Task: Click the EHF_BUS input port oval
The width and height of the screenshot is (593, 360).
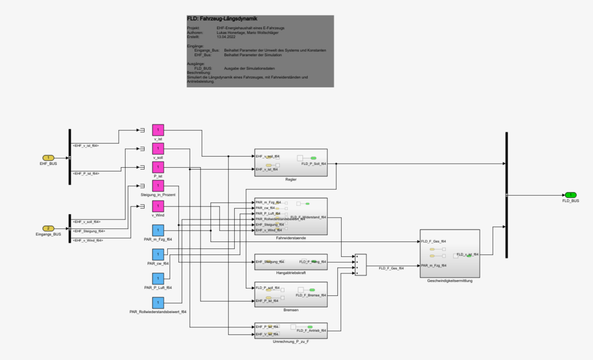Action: tap(48, 157)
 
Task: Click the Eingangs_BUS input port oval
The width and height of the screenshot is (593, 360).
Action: tap(48, 228)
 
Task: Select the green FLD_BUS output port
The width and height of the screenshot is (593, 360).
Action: tap(570, 195)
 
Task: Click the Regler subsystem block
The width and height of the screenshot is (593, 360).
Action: tap(291, 162)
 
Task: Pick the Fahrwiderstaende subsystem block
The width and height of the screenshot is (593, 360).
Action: tap(291, 216)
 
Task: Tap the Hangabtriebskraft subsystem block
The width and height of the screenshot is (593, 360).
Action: tap(291, 262)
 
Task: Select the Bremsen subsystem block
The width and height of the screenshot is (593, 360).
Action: tap(291, 294)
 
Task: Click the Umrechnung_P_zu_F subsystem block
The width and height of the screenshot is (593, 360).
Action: tap(291, 330)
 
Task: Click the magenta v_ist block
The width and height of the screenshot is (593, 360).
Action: tap(158, 130)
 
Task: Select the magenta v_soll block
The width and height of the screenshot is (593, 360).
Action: tap(158, 148)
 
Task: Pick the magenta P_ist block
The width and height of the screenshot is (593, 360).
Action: tap(158, 167)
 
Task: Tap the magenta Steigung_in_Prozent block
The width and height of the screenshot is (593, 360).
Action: tap(158, 186)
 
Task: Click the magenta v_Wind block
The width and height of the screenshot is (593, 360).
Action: tap(158, 206)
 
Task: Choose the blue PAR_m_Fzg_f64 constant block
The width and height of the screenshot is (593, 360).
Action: tap(158, 230)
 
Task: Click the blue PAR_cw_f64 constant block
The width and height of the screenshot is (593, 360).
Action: tap(158, 254)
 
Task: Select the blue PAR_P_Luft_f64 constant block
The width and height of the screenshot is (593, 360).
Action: tap(158, 279)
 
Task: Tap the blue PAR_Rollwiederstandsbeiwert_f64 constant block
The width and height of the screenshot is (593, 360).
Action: tap(158, 302)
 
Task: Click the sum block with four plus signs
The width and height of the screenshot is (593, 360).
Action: tap(360, 265)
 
